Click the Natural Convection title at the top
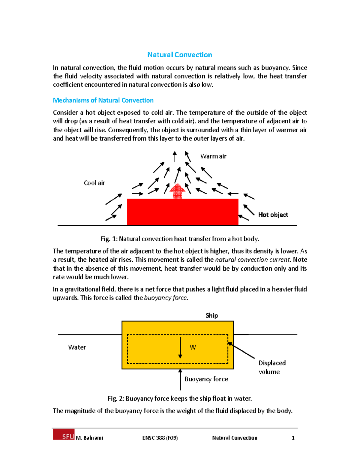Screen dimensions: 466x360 (x=179, y=55)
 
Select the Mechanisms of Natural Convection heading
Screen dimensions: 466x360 (x=103, y=100)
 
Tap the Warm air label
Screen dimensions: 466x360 (x=213, y=156)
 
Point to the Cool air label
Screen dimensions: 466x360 (x=94, y=183)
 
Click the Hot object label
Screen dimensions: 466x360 (x=273, y=215)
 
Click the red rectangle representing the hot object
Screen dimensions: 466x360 (x=182, y=212)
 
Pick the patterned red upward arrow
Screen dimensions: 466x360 (x=178, y=191)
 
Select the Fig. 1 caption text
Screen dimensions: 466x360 (x=180, y=239)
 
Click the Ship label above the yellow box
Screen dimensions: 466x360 (x=212, y=315)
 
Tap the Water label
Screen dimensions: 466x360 (x=77, y=347)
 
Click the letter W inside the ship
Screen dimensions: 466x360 (x=193, y=347)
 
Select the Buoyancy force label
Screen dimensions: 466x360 (x=206, y=379)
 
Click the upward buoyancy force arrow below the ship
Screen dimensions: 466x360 (x=180, y=380)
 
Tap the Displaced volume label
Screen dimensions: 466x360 (x=272, y=367)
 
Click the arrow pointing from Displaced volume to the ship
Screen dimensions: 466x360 (x=241, y=350)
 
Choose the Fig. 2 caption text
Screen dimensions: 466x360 (x=179, y=398)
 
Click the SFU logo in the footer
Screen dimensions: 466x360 (x=64, y=434)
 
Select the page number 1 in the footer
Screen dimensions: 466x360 (x=293, y=438)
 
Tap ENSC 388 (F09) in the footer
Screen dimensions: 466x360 (x=160, y=438)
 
